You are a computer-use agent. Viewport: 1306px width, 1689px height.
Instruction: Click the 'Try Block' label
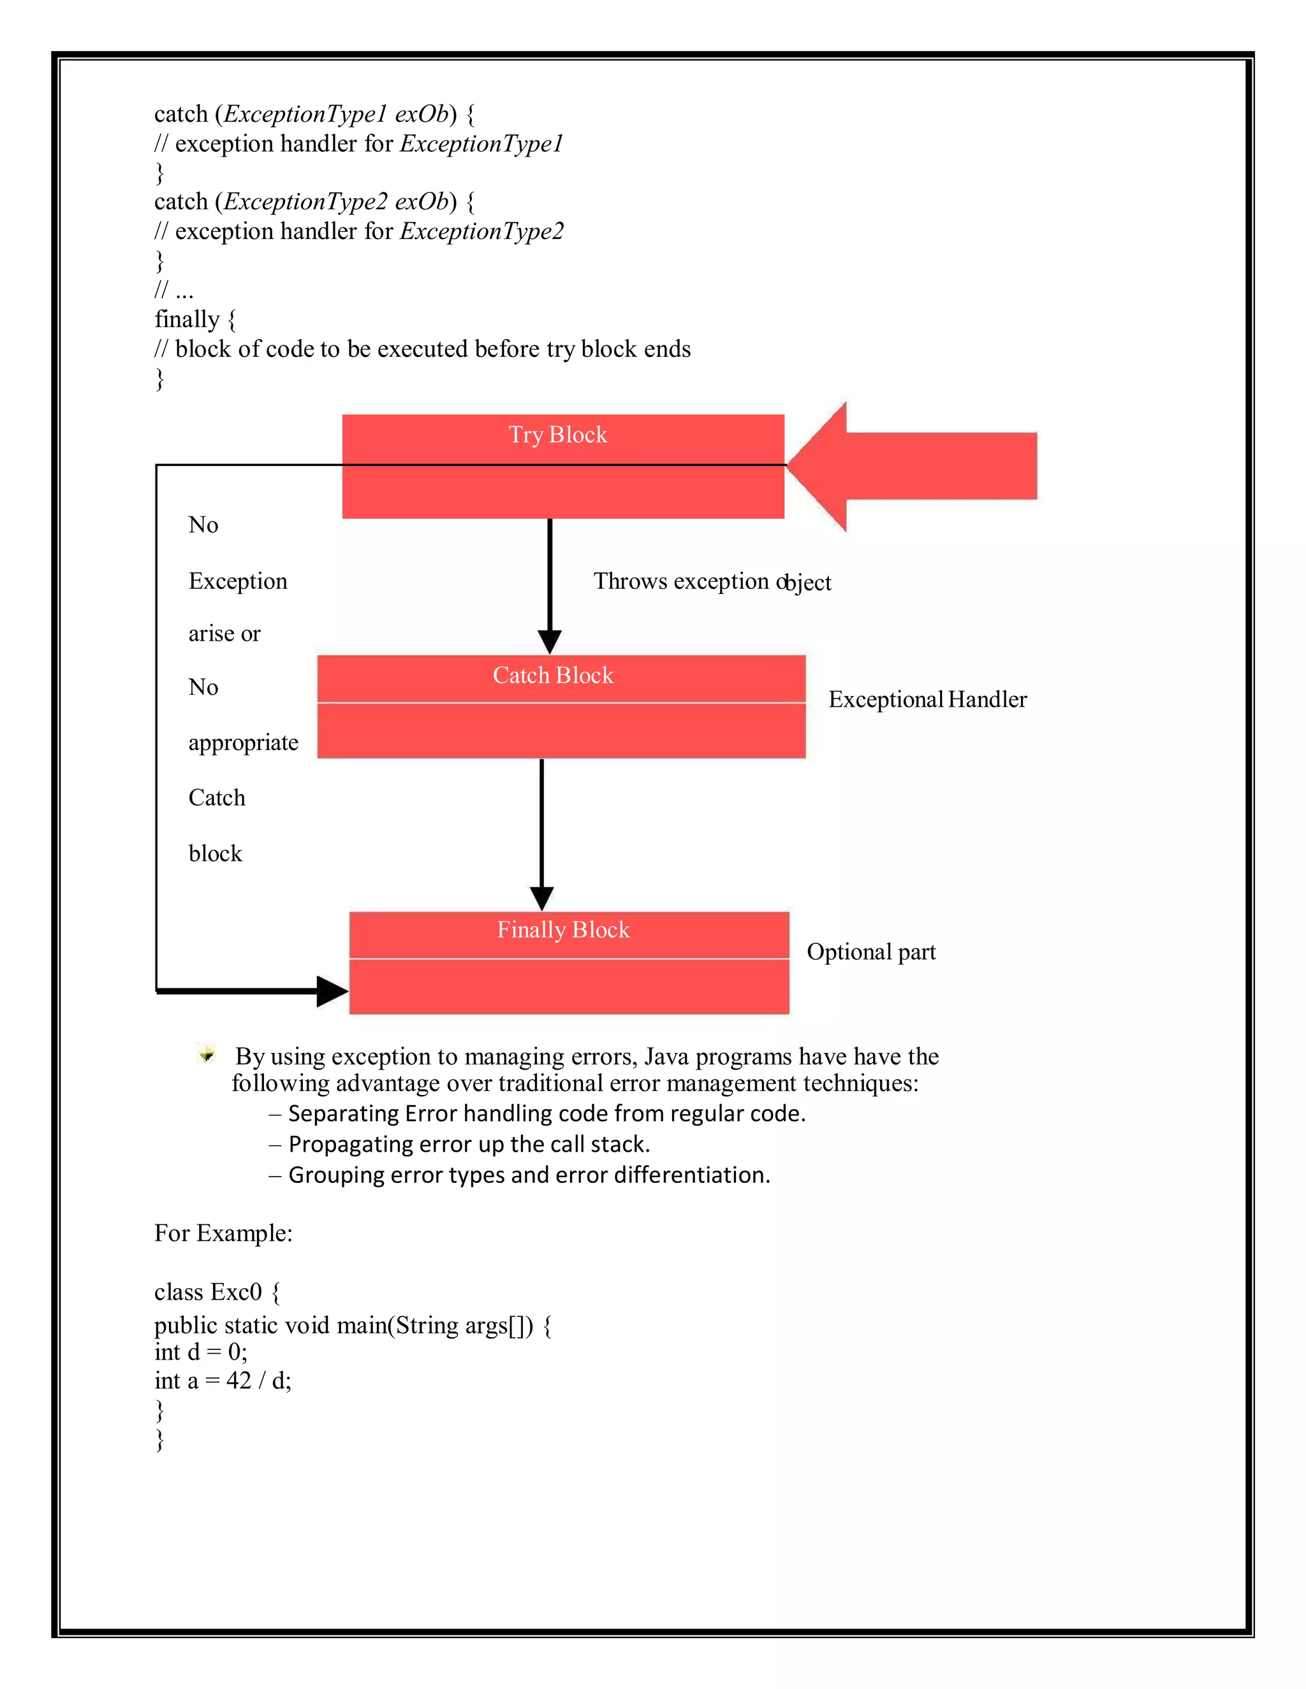pyautogui.click(x=558, y=435)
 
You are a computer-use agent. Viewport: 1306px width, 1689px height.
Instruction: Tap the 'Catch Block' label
pyautogui.click(x=553, y=675)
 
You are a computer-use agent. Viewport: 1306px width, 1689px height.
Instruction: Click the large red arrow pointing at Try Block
pyautogui.click(x=913, y=467)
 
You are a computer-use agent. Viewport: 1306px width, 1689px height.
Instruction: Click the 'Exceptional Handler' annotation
pyautogui.click(x=927, y=700)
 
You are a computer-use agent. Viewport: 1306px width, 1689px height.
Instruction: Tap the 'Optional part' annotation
pyautogui.click(x=871, y=952)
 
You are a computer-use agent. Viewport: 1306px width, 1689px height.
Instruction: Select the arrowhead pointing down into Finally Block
pyautogui.click(x=541, y=898)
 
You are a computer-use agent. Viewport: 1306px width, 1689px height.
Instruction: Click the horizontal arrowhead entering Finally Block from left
pyautogui.click(x=332, y=990)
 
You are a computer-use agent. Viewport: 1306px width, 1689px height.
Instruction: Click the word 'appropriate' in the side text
pyautogui.click(x=243, y=743)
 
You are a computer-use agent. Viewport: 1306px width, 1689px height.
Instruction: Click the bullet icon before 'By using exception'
pyautogui.click(x=207, y=1054)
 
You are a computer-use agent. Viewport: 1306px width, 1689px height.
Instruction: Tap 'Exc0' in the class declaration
pyautogui.click(x=236, y=1293)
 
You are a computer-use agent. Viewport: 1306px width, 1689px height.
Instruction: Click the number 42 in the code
pyautogui.click(x=238, y=1381)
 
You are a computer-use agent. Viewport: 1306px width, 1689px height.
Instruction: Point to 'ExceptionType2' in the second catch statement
pyautogui.click(x=305, y=202)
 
